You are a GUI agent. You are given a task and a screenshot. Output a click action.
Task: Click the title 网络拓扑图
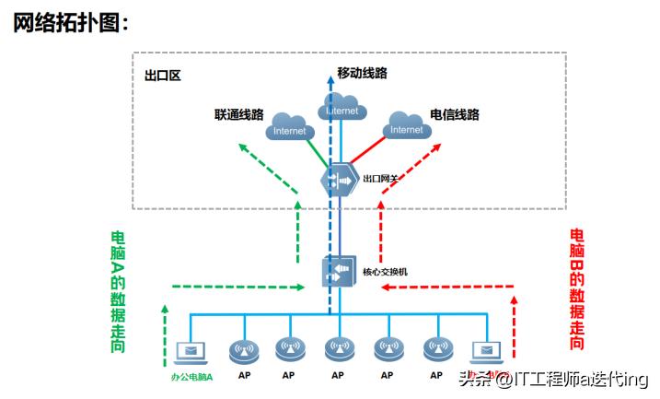pos(69,23)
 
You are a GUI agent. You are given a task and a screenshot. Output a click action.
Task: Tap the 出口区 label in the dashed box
pos(162,76)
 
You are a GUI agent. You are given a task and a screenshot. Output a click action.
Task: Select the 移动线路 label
pos(362,73)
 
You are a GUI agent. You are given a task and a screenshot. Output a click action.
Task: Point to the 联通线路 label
pos(238,115)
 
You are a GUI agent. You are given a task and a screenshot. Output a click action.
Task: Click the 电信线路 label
pos(455,115)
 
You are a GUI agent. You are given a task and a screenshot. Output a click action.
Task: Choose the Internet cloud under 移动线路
pos(341,109)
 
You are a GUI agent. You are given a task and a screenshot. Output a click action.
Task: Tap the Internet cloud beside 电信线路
pos(407,125)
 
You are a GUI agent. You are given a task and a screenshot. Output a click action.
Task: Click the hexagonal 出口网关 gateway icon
pos(338,180)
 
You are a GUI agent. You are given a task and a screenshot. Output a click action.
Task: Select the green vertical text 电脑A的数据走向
pos(118,290)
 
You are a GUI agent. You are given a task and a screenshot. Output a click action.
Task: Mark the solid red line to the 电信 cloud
pos(368,153)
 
